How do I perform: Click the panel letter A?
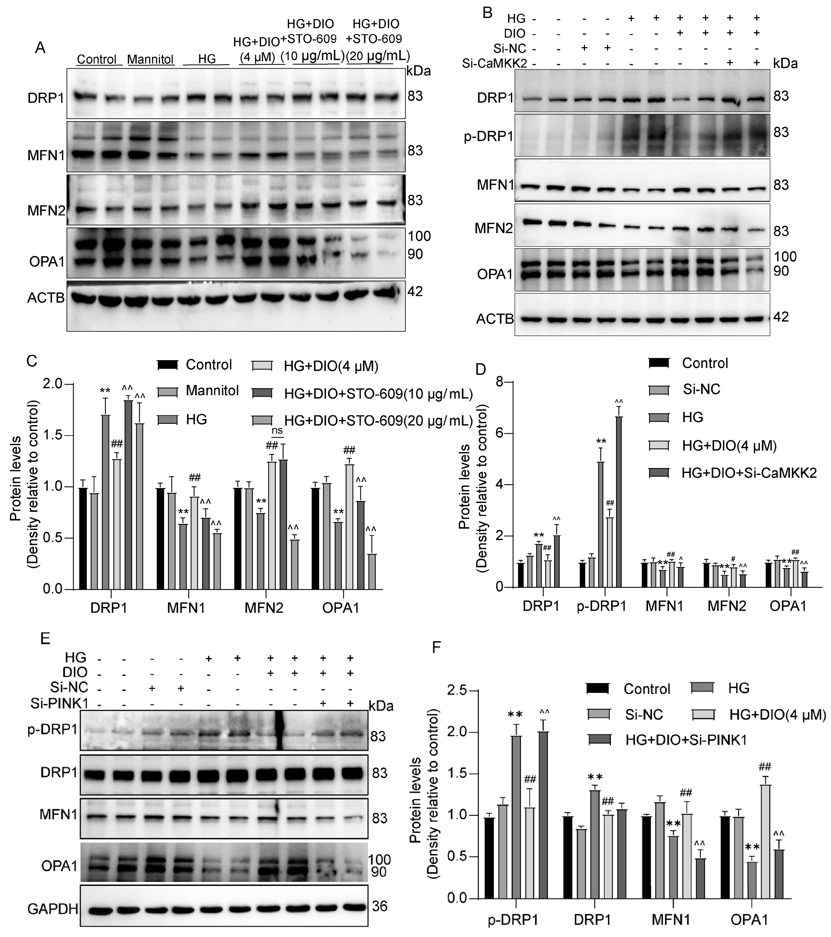tap(40, 48)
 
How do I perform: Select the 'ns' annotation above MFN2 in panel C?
tap(277, 430)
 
